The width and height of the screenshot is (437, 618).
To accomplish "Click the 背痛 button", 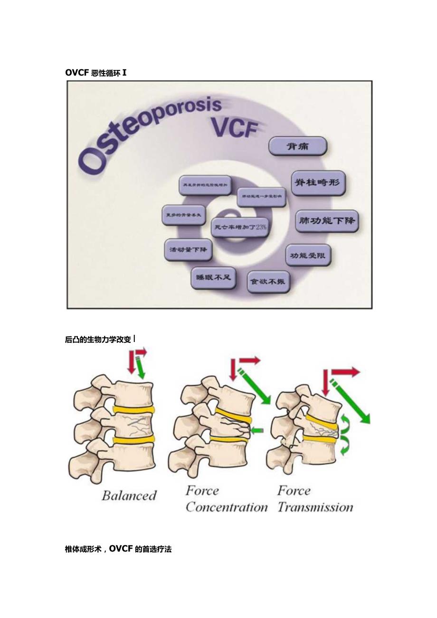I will pos(297,146).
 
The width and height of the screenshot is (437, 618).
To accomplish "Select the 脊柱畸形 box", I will pos(318,182).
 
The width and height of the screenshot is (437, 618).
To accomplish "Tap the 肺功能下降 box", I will pos(327,221).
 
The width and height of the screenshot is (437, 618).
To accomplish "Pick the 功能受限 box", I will pos(308,256).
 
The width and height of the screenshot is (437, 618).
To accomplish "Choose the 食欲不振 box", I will pos(268,281).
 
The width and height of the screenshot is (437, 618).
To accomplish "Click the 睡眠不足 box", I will pos(213,277).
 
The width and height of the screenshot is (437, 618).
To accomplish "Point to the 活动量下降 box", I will pos(188,249).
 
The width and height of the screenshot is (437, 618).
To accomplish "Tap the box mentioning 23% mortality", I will pos(239,227).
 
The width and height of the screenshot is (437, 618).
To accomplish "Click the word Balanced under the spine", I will pos(129,495).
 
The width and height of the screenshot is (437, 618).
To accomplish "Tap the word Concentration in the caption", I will pos(227,507).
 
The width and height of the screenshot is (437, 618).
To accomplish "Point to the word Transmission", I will pos(315,507).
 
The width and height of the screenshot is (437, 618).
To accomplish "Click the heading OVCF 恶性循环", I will pos(96,73).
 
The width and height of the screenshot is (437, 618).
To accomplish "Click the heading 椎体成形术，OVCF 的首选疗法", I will pos(118,549).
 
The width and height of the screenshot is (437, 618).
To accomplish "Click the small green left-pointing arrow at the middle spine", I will pos(256,431).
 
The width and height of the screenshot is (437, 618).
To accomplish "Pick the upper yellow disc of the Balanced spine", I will pos(134,409).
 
